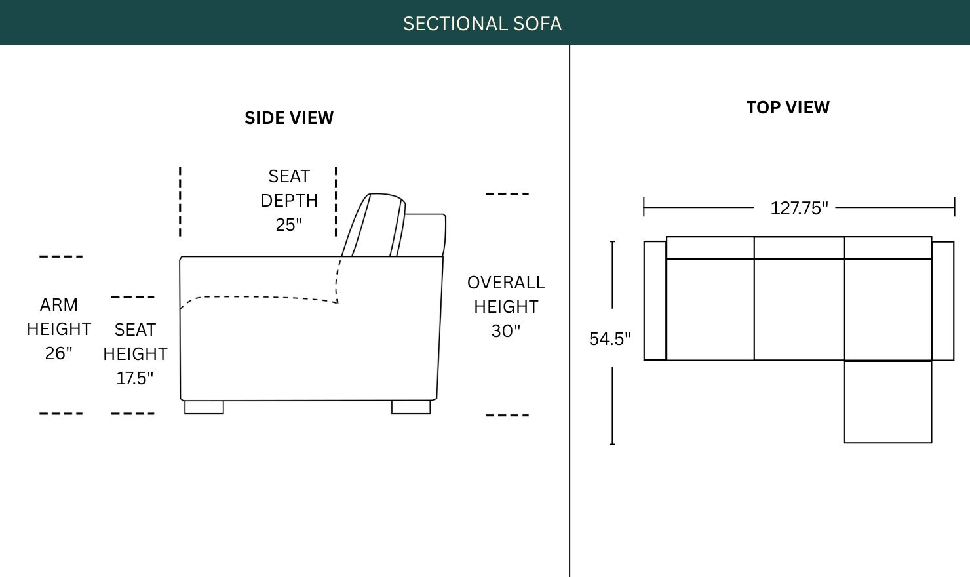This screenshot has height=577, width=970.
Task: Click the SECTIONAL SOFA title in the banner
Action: click(x=482, y=24)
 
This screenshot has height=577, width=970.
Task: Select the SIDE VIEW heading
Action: click(x=289, y=118)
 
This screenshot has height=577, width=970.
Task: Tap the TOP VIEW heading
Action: click(x=788, y=108)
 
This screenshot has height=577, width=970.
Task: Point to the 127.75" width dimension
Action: click(x=799, y=209)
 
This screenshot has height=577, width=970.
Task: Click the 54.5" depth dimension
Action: click(x=610, y=339)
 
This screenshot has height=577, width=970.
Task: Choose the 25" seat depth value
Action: click(x=289, y=225)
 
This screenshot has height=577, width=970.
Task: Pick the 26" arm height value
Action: click(x=58, y=353)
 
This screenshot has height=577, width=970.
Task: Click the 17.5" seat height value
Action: click(x=134, y=378)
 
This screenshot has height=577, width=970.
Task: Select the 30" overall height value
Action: click(x=506, y=331)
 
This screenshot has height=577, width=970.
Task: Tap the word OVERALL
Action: click(x=506, y=283)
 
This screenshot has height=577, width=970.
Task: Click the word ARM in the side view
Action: click(x=59, y=305)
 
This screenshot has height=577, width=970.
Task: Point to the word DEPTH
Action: click(x=289, y=201)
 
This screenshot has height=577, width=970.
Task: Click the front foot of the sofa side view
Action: click(x=204, y=407)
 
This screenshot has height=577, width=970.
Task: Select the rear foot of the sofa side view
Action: click(x=411, y=407)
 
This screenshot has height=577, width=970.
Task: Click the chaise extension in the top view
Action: click(x=887, y=401)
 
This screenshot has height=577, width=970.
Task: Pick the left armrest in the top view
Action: click(x=655, y=300)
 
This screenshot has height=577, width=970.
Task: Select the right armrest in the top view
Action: click(x=942, y=300)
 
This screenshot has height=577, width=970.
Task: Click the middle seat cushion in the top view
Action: click(x=799, y=309)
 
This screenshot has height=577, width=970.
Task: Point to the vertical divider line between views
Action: click(x=570, y=311)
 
